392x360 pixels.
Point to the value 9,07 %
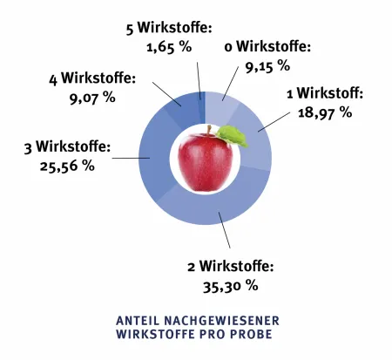(x=91, y=98)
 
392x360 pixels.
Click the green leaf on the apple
(x=233, y=134)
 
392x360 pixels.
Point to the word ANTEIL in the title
(x=136, y=321)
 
